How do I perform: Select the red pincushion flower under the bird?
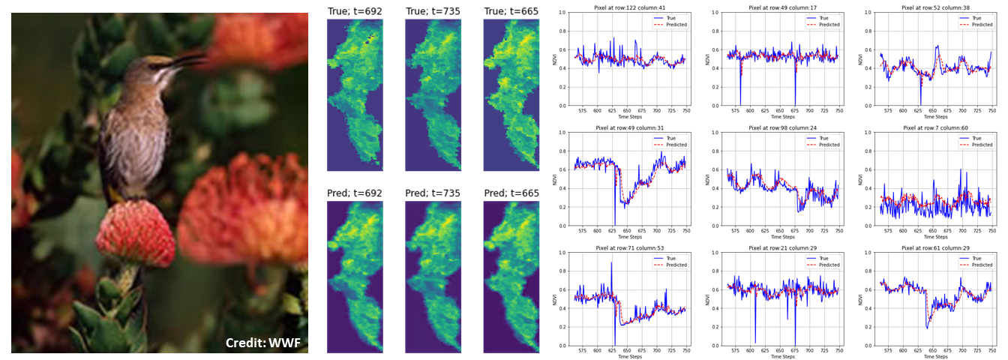click(135, 232)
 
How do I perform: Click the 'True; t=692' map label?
click(355, 10)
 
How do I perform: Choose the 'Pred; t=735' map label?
click(433, 193)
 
